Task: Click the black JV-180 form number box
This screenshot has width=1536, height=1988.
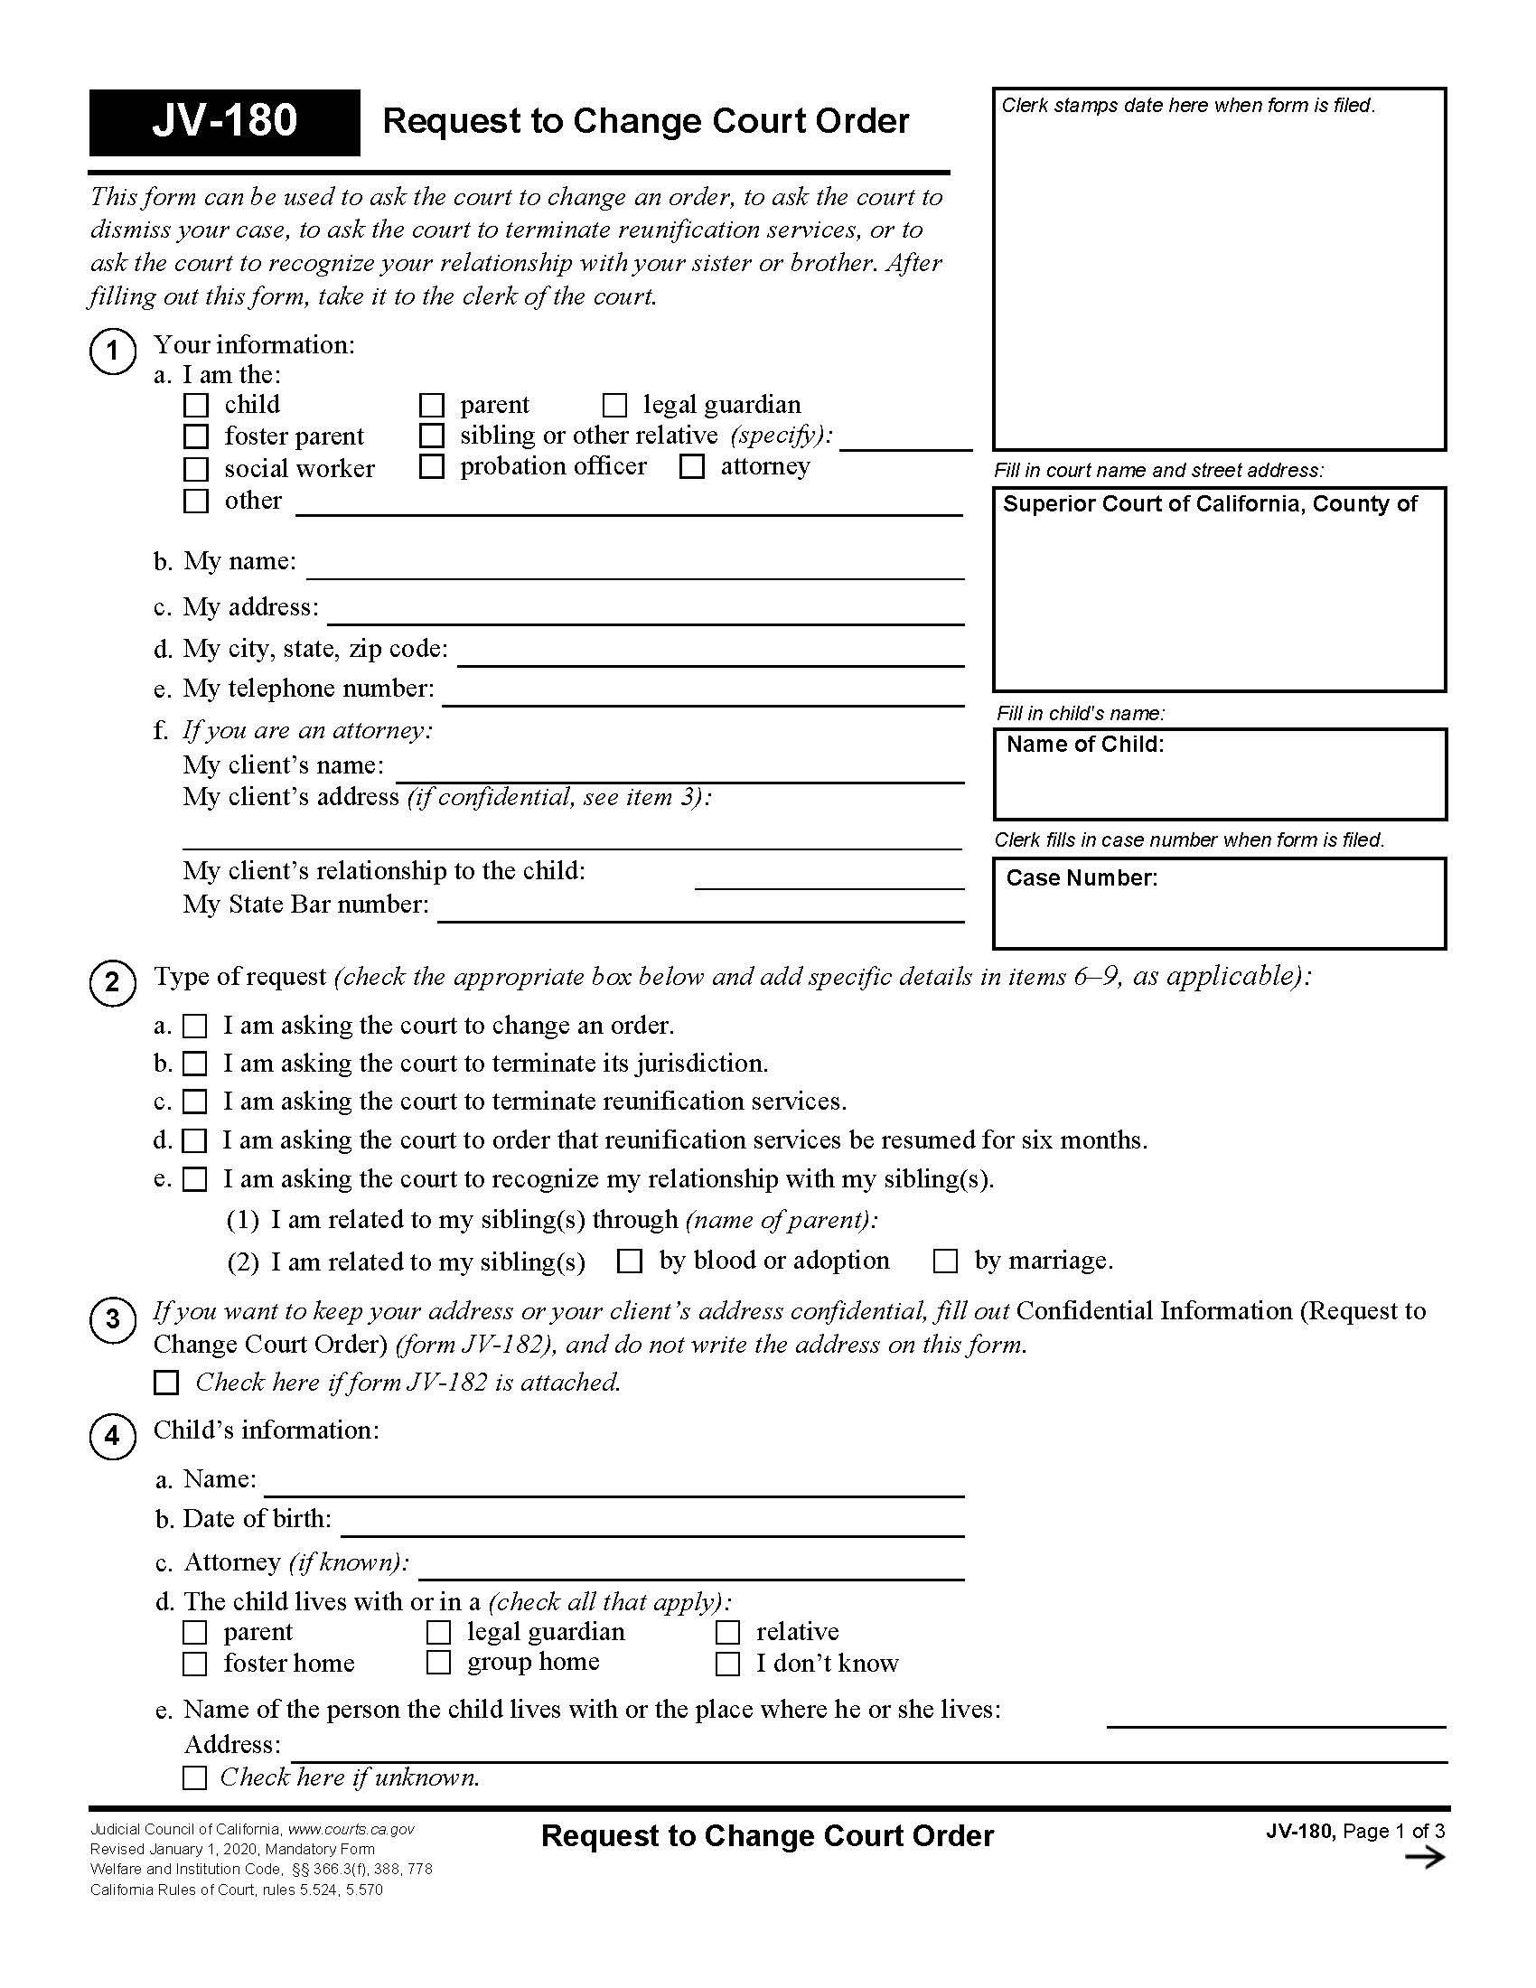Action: point(224,122)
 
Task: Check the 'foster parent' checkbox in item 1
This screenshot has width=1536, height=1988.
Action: point(196,437)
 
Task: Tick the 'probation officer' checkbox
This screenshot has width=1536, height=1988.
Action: point(431,467)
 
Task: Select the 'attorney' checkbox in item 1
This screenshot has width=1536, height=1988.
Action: point(692,467)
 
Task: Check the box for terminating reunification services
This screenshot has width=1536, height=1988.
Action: point(195,1102)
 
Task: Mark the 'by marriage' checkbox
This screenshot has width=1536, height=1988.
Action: point(945,1261)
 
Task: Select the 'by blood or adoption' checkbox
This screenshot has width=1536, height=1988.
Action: point(630,1261)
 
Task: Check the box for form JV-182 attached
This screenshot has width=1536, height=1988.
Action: point(165,1383)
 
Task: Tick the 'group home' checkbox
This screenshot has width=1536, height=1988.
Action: point(438,1663)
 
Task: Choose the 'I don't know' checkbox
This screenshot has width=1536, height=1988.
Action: point(727,1664)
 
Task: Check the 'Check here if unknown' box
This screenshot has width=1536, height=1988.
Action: point(195,1777)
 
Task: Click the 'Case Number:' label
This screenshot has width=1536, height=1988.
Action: point(1081,878)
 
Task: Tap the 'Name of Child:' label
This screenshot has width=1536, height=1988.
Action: point(1084,745)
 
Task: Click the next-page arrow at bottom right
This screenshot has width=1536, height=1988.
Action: point(1424,1858)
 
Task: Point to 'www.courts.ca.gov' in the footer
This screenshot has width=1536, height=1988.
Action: point(351,1830)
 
